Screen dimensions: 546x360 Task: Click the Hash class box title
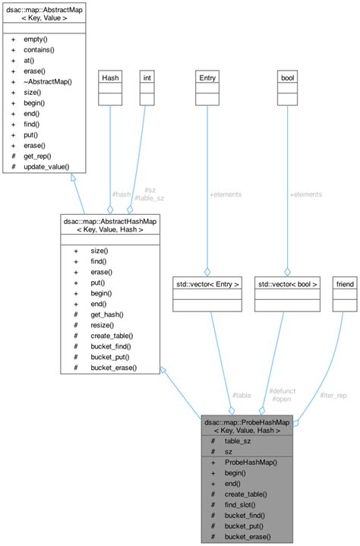click(x=111, y=77)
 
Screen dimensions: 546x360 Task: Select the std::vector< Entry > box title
click(x=207, y=284)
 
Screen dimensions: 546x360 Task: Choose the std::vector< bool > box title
click(x=286, y=284)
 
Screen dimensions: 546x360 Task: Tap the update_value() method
click(x=47, y=166)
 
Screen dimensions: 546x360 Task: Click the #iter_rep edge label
click(x=334, y=395)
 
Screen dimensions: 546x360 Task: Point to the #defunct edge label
click(x=282, y=390)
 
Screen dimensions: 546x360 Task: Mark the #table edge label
click(x=242, y=395)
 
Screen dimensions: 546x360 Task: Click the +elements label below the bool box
click(x=305, y=194)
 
